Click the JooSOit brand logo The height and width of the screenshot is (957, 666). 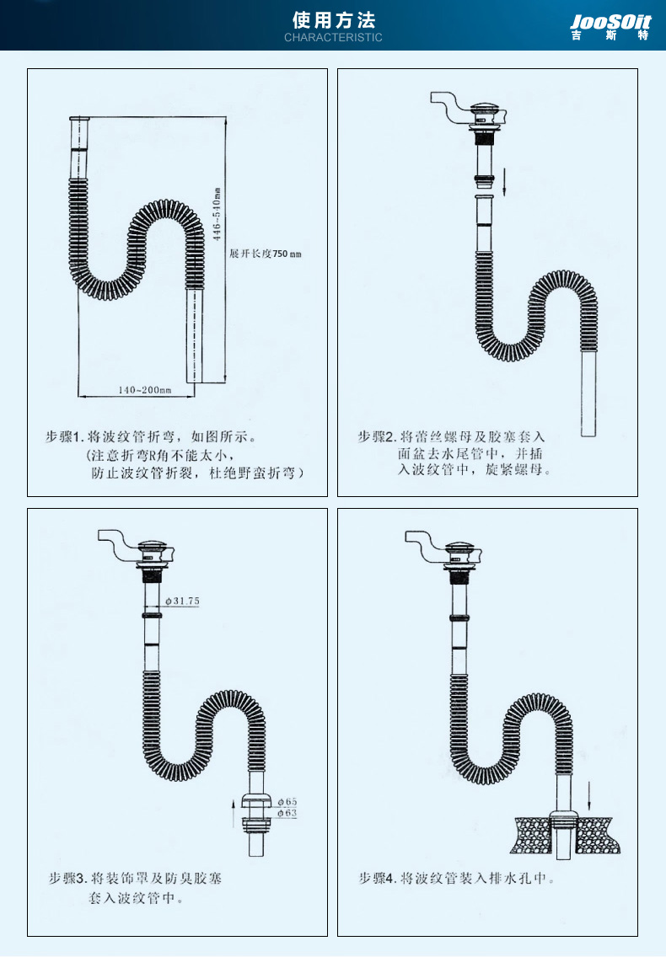click(610, 25)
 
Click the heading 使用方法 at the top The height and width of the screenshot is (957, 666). click(333, 19)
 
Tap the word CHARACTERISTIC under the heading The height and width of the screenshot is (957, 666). click(333, 38)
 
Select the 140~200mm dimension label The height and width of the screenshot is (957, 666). click(145, 390)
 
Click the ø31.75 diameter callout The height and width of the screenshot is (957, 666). click(181, 601)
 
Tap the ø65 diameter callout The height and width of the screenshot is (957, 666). click(287, 801)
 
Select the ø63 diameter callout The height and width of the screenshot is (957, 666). click(287, 813)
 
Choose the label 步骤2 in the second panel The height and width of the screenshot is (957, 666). click(377, 436)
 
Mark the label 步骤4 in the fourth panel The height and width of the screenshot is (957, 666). click(378, 879)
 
